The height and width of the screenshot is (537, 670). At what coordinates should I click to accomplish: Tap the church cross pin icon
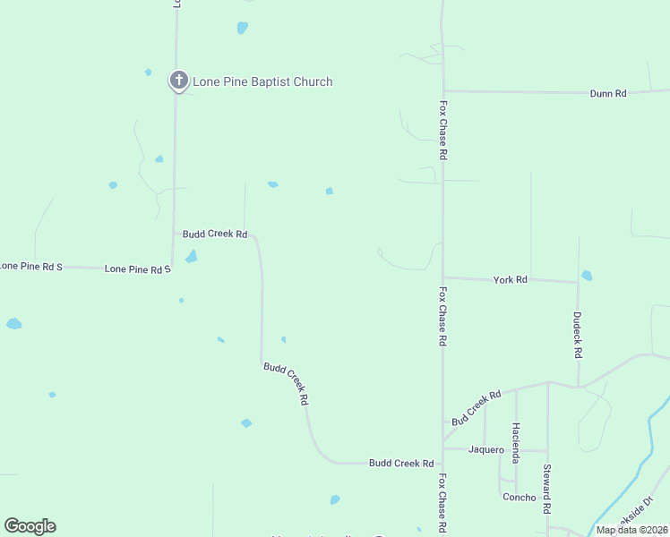[x=178, y=81]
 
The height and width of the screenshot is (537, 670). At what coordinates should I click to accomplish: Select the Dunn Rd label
[x=607, y=93]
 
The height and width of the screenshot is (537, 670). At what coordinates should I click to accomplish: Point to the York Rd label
[x=511, y=280]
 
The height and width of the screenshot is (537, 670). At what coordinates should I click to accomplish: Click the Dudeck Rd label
[x=578, y=335]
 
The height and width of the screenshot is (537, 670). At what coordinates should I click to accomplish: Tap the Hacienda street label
[x=515, y=443]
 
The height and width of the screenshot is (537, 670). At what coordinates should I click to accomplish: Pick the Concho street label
[x=520, y=498]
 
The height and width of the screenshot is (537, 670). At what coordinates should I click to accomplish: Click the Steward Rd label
[x=546, y=489]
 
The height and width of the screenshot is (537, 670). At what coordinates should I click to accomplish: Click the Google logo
[x=30, y=526]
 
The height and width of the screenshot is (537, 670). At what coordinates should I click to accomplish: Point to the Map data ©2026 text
[x=632, y=530]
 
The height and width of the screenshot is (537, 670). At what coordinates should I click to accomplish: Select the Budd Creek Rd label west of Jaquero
[x=401, y=463]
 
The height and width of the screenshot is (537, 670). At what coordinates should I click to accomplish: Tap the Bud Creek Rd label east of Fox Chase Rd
[x=476, y=408]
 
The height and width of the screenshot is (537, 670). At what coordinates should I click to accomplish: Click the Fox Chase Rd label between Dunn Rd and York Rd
[x=442, y=130]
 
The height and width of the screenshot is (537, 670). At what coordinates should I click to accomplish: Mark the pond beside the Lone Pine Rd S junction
[x=191, y=257]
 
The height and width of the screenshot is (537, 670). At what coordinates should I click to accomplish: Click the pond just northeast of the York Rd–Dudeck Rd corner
[x=587, y=276]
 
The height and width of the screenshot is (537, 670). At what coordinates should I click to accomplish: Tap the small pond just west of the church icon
[x=148, y=72]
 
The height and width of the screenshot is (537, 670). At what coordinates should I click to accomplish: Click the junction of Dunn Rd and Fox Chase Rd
[x=442, y=90]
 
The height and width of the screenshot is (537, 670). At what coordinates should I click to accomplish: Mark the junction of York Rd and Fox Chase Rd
[x=442, y=277]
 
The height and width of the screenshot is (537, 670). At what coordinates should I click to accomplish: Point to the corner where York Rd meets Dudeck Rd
[x=578, y=283]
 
